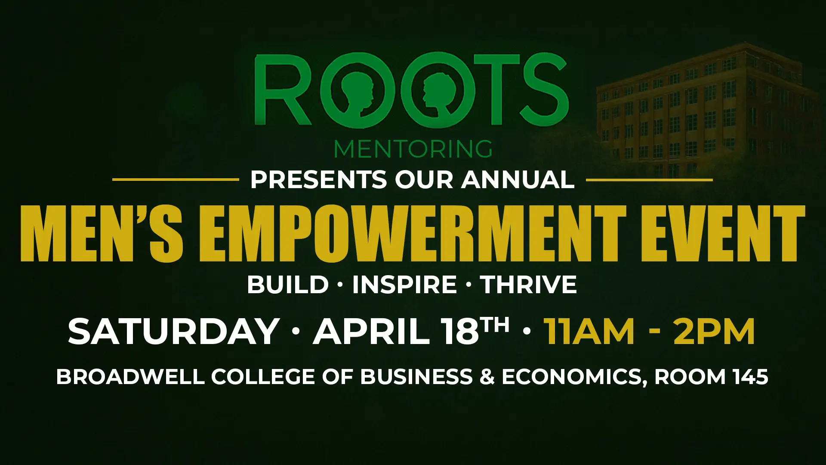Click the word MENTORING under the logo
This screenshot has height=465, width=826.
[x=413, y=149]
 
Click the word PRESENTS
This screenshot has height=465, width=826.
[x=319, y=180]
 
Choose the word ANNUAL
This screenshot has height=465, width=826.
[x=518, y=180]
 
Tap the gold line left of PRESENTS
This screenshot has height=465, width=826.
[x=176, y=180]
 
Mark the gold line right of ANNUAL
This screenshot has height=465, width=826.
[x=649, y=180]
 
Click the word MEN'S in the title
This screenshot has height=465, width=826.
[x=102, y=233]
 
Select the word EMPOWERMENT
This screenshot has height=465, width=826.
[x=412, y=233]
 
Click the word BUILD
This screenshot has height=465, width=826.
[x=288, y=285]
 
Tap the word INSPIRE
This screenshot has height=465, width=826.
[x=404, y=285]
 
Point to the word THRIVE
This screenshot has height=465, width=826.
[x=528, y=285]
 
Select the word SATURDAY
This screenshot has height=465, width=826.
[x=173, y=331]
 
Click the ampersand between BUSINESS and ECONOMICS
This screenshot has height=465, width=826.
[x=487, y=377]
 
